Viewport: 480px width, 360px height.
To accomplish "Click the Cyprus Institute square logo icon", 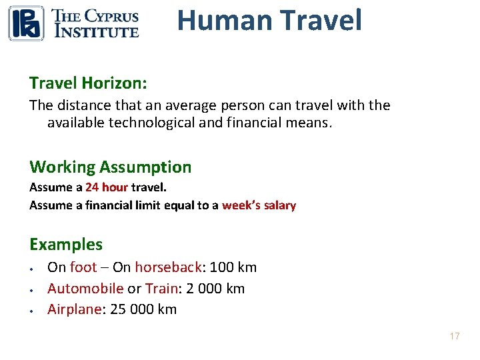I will click(26, 23).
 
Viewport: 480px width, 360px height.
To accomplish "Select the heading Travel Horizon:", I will click(88, 83).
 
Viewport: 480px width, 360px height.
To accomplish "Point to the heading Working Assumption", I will click(110, 167).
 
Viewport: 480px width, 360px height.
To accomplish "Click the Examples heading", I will click(66, 244).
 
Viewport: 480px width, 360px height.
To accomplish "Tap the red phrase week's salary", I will click(259, 205).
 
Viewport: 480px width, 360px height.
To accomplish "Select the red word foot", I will click(83, 267).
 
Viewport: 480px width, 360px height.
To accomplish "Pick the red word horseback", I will click(168, 267).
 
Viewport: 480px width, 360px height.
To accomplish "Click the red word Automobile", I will click(85, 289).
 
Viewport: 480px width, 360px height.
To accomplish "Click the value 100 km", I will click(233, 267).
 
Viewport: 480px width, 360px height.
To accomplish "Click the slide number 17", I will click(454, 336).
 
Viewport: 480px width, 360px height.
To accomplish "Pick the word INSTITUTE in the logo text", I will click(95, 31).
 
